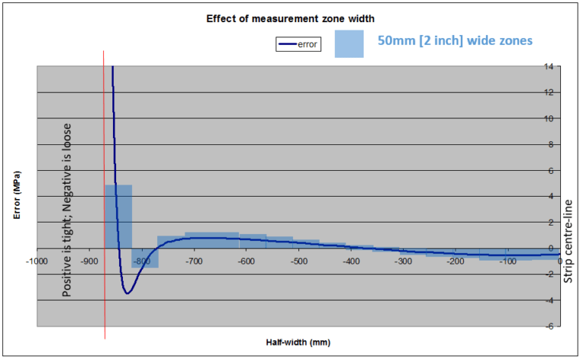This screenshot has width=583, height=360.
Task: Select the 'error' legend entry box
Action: tap(299, 45)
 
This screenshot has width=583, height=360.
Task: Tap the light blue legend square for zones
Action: tap(352, 44)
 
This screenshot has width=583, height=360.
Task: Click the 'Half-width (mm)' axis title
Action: tap(298, 342)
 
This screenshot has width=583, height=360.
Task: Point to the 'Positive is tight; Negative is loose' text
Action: tap(68, 199)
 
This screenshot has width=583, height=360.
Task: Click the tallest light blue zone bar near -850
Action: tap(118, 216)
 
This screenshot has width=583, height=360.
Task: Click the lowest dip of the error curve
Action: tap(128, 293)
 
